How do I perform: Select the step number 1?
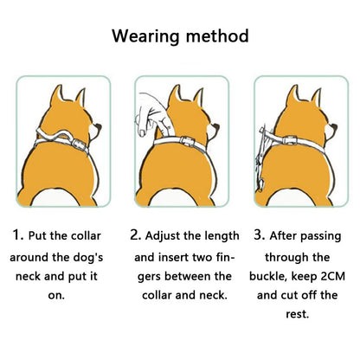pos(18,235)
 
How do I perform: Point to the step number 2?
pos(135,235)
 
